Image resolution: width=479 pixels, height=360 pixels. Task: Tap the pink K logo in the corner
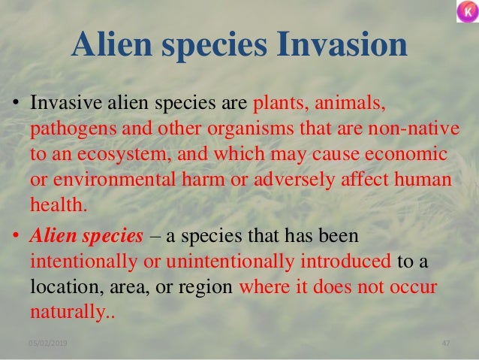coord(465,13)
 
